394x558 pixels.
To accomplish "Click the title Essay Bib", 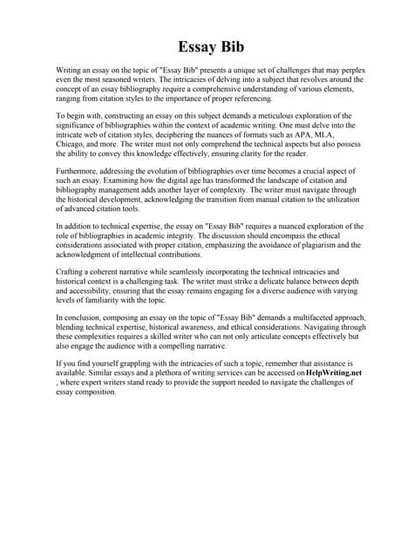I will point(197,46).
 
